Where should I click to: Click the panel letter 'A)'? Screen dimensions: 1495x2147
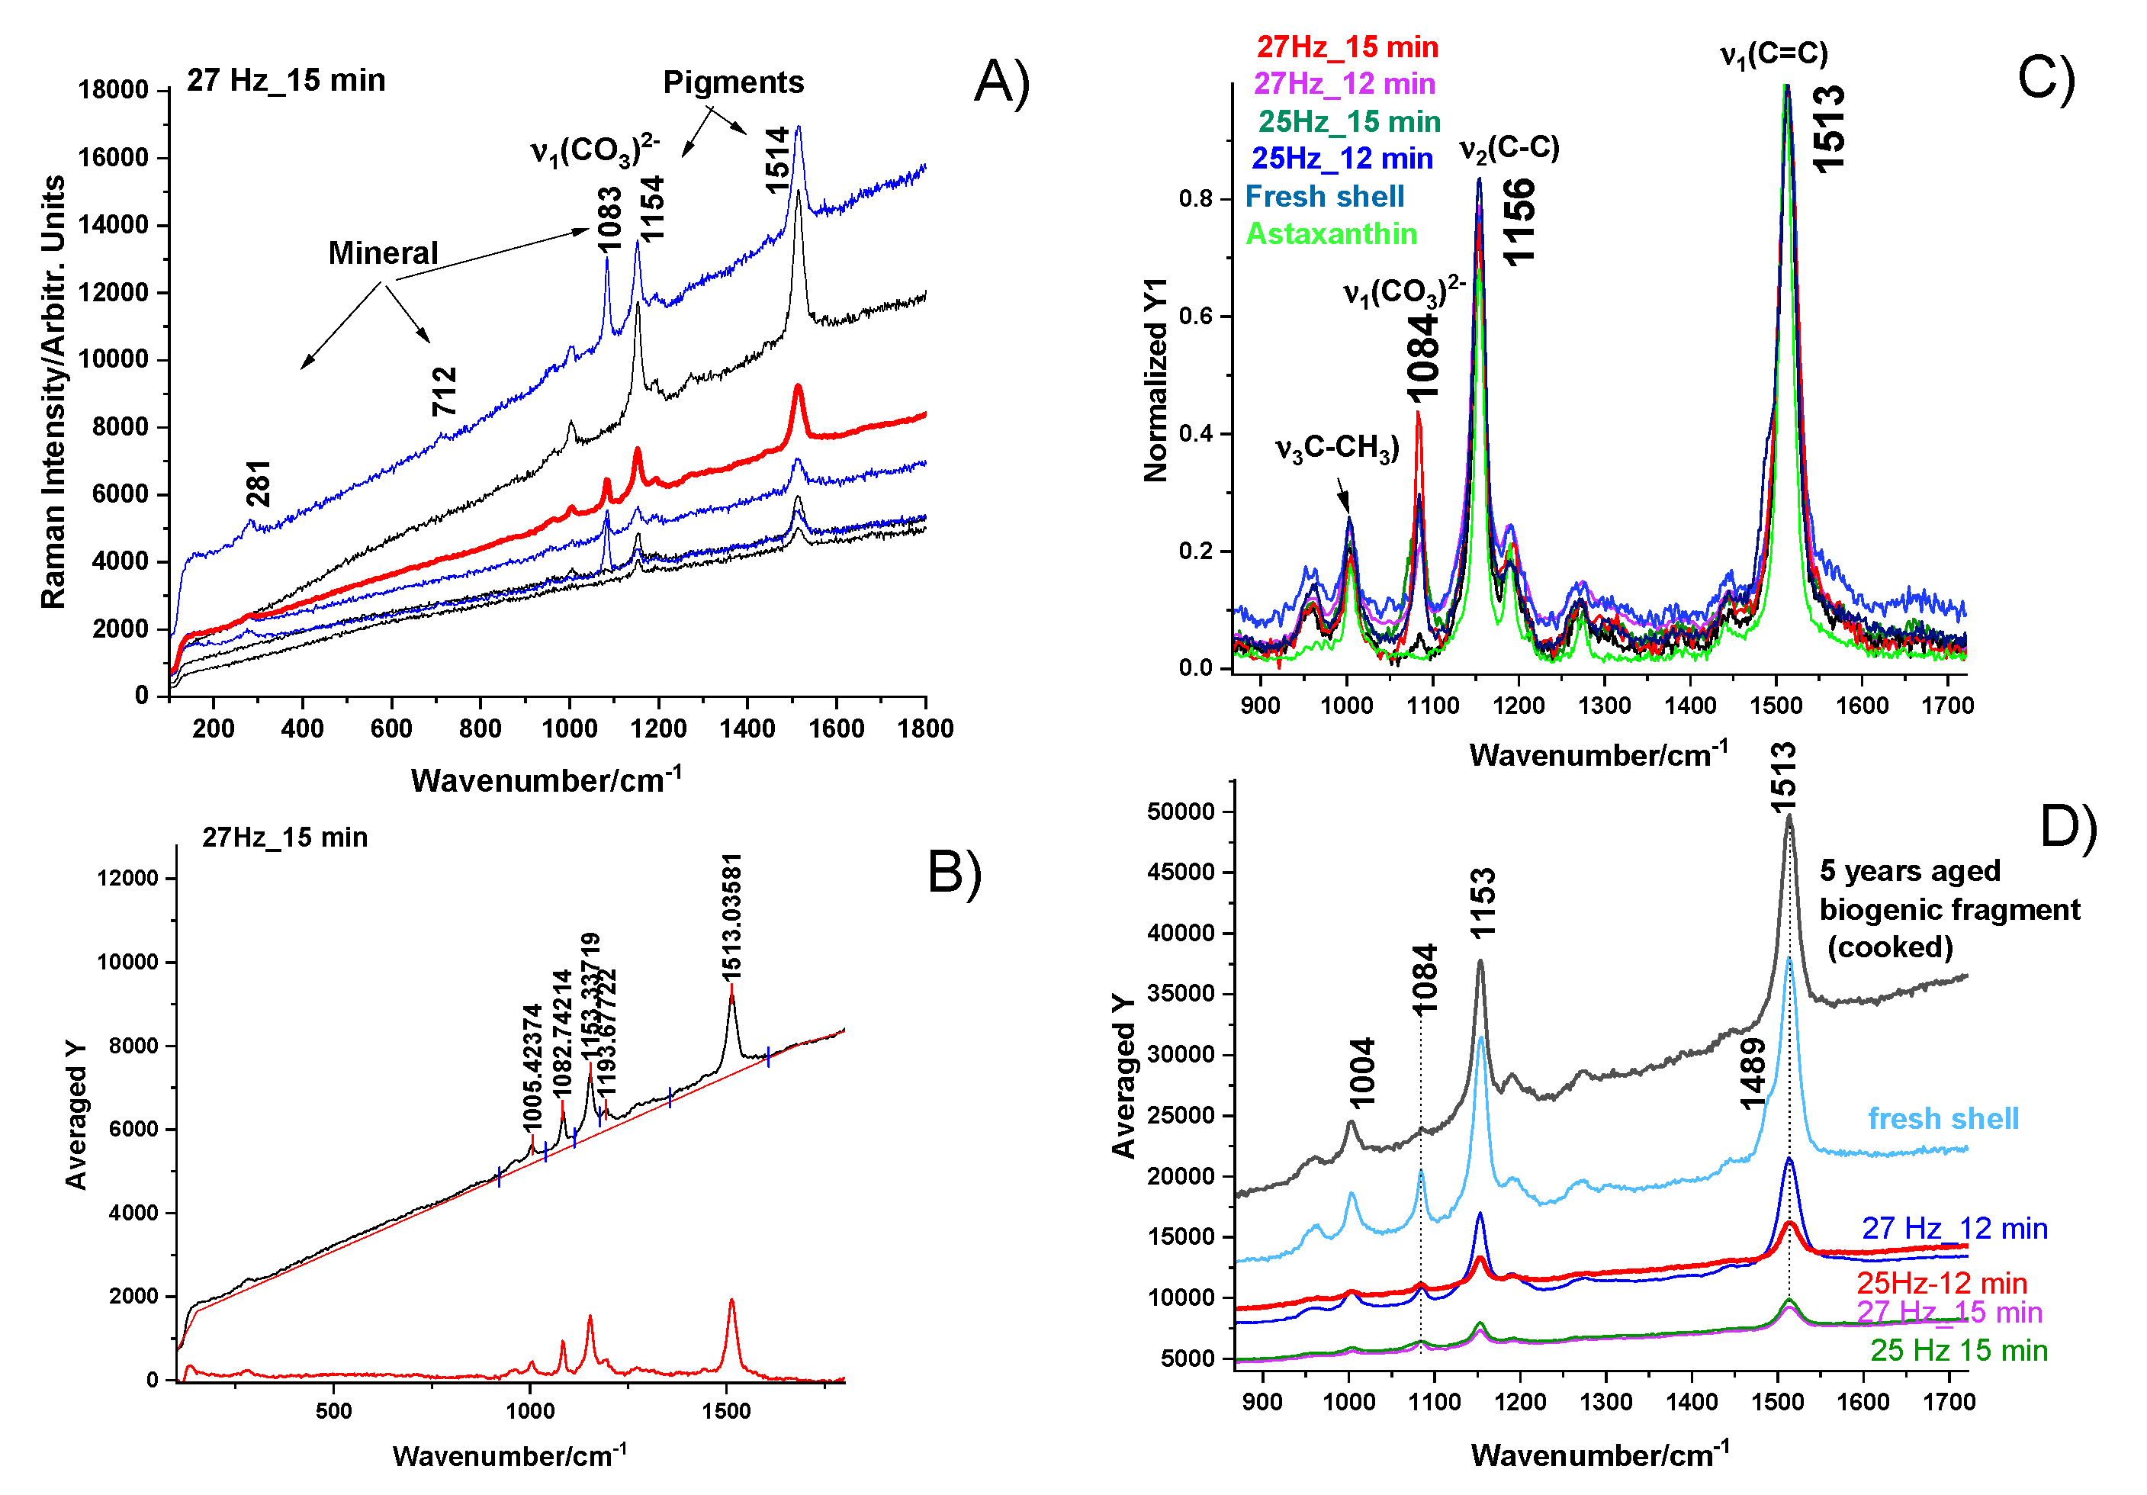click(1001, 82)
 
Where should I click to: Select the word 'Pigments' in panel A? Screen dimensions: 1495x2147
click(733, 82)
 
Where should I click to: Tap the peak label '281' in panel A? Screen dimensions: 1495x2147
click(258, 484)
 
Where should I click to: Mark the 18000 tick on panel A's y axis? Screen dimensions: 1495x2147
click(113, 90)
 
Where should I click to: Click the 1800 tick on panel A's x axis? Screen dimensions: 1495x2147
click(925, 728)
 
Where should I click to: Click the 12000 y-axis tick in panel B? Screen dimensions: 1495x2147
click(127, 878)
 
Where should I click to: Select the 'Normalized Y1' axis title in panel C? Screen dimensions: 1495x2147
click(1155, 380)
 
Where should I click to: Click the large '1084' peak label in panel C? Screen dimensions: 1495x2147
click(1422, 357)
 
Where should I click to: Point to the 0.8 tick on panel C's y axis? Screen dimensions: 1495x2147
click(1196, 198)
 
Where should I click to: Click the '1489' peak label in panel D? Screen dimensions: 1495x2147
click(1753, 1073)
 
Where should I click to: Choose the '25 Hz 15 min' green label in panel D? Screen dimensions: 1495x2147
click(1958, 1350)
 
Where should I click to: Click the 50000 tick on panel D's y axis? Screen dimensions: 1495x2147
click(1180, 812)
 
